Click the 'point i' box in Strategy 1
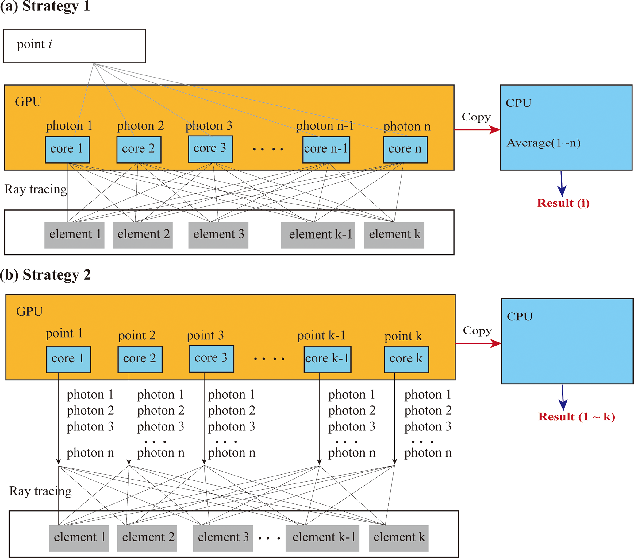tap(75, 46)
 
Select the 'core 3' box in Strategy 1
tap(210, 149)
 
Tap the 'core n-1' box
tap(326, 150)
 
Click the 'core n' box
tap(405, 150)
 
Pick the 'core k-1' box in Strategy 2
tap(327, 359)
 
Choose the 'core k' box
tap(406, 359)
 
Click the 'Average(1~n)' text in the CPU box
tap(544, 143)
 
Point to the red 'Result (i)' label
tap(563, 203)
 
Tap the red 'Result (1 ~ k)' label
tap(576, 417)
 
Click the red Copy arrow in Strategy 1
tap(477, 130)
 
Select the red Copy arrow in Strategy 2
tap(478, 343)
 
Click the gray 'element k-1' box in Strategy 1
tap(318, 235)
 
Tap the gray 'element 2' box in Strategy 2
tap(147, 538)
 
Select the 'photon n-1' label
tap(325, 126)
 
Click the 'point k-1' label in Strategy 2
tap(321, 335)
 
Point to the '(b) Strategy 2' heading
tap(45, 275)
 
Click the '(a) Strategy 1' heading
tap(45, 6)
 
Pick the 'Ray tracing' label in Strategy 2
tap(40, 491)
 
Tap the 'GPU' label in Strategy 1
tap(28, 102)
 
